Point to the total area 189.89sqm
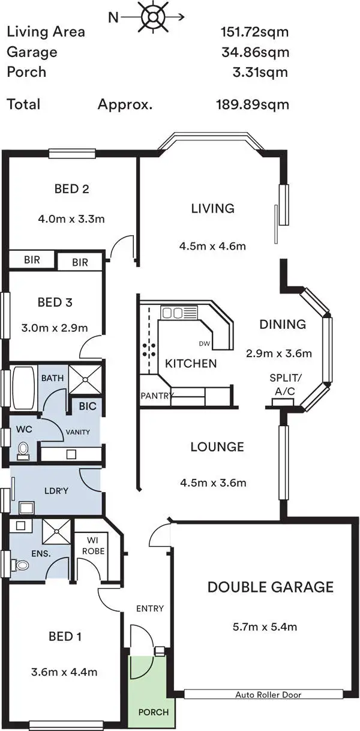253,104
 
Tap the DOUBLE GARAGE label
270,586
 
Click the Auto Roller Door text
268,694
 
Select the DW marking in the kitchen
205,344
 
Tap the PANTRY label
157,396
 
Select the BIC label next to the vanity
88,406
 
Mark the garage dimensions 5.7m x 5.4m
265,628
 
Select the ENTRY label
149,609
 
